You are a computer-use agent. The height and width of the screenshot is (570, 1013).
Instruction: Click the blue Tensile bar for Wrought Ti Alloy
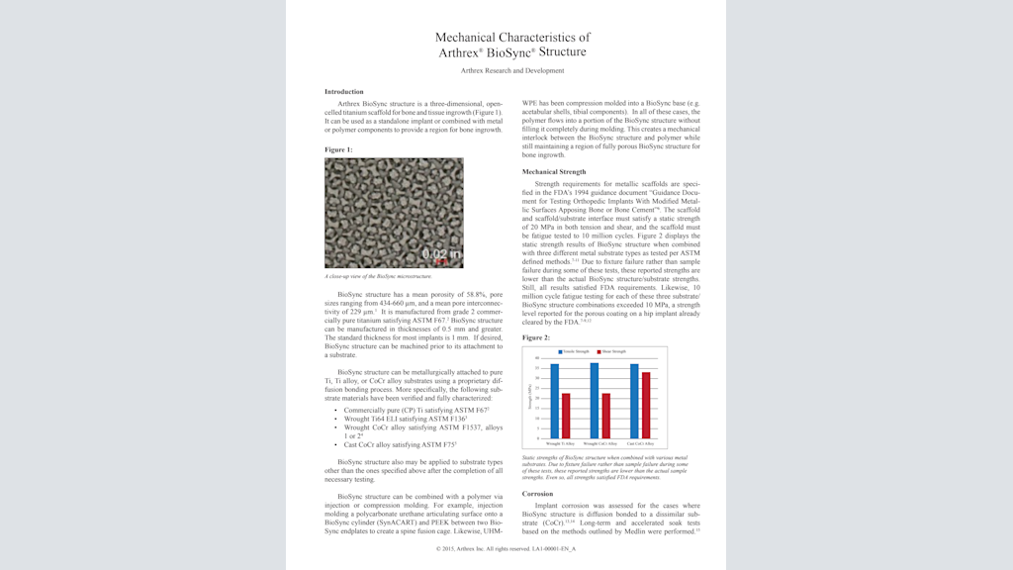(555, 402)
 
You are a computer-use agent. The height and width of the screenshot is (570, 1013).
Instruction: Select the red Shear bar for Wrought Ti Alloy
(566, 417)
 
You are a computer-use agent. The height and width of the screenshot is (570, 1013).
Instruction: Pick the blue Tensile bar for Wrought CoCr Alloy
(595, 401)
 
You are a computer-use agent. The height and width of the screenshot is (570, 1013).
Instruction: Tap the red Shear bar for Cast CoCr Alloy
(646, 406)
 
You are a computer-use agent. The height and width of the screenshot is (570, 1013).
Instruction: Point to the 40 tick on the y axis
(537, 358)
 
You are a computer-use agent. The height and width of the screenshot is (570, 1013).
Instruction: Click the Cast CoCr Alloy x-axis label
(640, 444)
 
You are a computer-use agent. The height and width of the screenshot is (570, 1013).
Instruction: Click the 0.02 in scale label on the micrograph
(441, 254)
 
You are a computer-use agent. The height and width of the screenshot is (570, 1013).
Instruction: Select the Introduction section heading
(344, 91)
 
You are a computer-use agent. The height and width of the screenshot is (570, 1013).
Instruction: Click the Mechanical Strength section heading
(554, 172)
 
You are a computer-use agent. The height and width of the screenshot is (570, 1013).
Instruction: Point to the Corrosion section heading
(538, 493)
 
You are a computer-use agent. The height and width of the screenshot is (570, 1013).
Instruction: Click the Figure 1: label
(338, 149)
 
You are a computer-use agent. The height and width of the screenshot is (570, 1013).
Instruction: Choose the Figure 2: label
(536, 337)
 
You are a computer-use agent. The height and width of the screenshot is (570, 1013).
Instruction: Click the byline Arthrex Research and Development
(512, 70)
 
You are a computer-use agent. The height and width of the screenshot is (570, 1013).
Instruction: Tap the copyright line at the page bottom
(506, 547)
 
